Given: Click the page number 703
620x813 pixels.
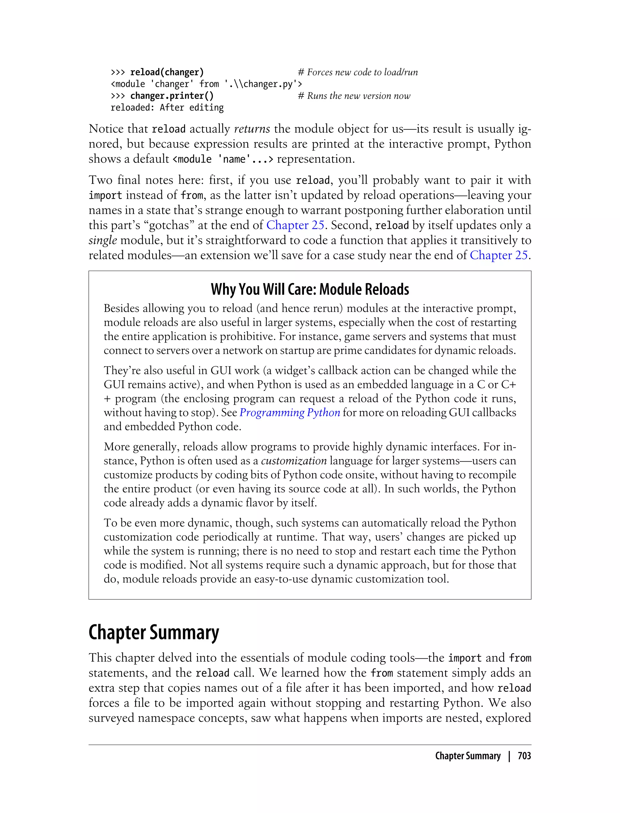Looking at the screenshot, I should click(524, 756).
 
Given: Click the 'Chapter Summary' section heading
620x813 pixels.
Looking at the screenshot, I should click(153, 633).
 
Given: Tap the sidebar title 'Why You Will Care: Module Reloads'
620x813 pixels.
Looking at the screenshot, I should click(310, 289).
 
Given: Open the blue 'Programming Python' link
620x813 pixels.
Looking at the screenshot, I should click(290, 412).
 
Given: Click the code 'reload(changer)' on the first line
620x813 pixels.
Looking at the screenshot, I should click(167, 72).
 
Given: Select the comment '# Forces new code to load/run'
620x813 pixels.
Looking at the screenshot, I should click(358, 72).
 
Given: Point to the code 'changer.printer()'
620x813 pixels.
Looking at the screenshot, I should click(172, 96).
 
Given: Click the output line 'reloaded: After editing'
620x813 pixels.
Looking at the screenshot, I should click(167, 108).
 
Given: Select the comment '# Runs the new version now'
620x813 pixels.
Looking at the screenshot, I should click(354, 96).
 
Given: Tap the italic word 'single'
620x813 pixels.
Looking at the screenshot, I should click(103, 240).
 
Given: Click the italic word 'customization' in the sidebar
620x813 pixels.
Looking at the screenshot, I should click(294, 461).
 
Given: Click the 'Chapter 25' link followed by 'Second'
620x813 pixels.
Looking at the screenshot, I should click(295, 225).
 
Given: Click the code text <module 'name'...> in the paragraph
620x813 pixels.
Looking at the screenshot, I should click(223, 159).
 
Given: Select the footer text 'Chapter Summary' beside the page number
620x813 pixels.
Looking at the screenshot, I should click(468, 756).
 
